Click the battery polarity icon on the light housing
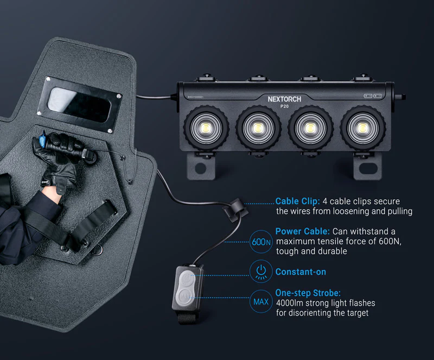(373, 96)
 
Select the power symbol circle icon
(261, 271)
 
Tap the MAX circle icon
(261, 301)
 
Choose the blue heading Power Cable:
(303, 231)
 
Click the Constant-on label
(301, 271)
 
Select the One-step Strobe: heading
(308, 293)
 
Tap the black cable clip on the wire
(235, 207)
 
